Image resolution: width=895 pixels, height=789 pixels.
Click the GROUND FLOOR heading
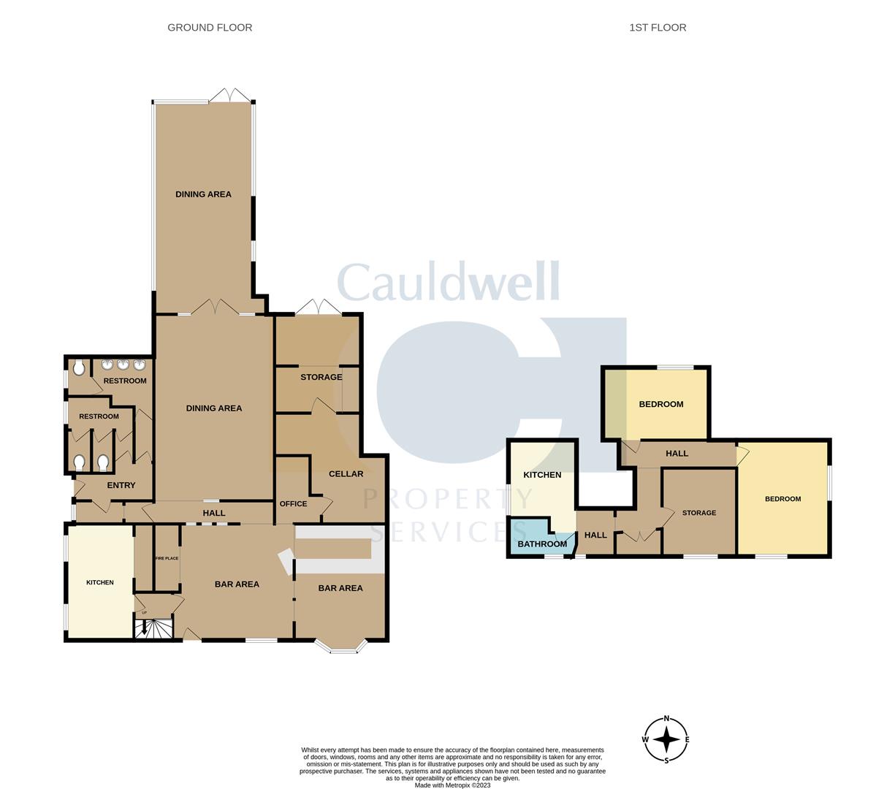pos(210,27)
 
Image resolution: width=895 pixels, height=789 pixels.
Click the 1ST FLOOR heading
pos(658,27)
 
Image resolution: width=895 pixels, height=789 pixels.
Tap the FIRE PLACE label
pos(167,558)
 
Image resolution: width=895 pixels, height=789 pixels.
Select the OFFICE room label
pos(293,503)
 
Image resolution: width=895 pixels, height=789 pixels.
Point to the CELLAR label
pos(346,473)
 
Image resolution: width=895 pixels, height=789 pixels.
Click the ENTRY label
pos(121,485)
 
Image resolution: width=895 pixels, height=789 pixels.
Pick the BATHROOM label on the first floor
pos(542,544)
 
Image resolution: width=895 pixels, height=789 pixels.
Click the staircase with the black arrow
pos(153,628)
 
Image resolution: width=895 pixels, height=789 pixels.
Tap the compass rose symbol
pos(666,739)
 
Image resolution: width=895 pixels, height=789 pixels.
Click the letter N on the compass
pos(666,719)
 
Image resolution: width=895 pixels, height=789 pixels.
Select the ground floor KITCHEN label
pos(100,582)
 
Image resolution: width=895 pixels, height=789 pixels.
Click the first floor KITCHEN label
pos(542,475)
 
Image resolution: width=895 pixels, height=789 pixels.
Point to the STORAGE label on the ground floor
pos(321,377)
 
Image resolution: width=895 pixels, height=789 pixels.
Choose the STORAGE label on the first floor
pos(699,512)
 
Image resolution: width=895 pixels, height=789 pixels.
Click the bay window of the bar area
pos(340,645)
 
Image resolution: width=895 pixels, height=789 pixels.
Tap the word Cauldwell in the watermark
pos(449,281)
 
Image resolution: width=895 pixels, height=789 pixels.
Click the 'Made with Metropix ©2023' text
pos(452,785)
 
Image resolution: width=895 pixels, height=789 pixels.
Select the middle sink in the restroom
pos(123,365)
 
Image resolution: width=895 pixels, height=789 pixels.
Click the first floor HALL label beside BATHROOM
pos(595,535)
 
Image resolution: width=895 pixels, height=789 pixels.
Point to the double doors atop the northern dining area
pos(229,95)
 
